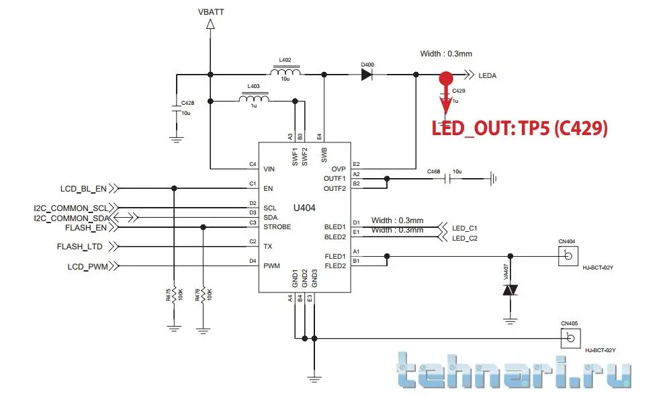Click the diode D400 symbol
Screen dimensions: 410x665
tap(367, 75)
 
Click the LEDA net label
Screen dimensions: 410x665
tap(487, 76)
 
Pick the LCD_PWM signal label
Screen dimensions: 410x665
tap(87, 266)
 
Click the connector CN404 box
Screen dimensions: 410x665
tap(569, 255)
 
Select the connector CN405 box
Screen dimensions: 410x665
tap(570, 337)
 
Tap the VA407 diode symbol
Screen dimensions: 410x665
tap(511, 290)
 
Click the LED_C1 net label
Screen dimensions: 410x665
tap(465, 227)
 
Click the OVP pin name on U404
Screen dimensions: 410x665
tap(338, 168)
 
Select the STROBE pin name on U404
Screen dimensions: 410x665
tap(277, 227)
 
